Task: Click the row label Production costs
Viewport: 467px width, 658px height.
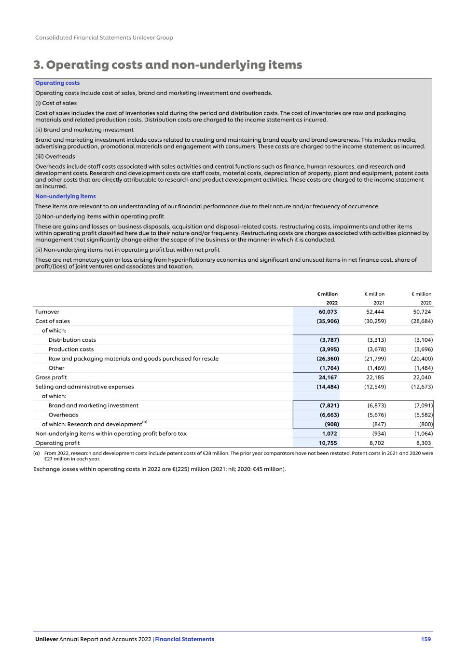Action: tap(71, 349)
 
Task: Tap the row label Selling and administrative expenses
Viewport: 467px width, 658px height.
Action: tap(84, 387)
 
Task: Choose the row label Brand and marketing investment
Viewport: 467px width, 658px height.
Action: tap(93, 405)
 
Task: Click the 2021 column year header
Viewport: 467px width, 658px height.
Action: tap(379, 303)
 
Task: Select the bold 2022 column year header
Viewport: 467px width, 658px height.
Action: tap(331, 303)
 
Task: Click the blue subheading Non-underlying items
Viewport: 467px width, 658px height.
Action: tap(65, 196)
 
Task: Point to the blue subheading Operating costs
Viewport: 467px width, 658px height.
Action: tap(57, 83)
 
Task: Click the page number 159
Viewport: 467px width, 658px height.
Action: tap(426, 639)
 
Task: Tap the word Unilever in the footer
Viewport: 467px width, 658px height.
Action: tap(46, 639)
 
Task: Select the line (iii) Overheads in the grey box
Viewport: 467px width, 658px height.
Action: tap(55, 156)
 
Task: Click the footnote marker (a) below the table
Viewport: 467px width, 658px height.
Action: tap(36, 453)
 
